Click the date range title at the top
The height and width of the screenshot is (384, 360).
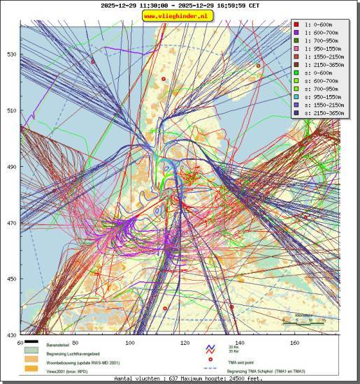click(180, 5)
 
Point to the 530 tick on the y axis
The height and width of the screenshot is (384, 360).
click(11, 54)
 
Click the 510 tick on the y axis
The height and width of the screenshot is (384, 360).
click(11, 110)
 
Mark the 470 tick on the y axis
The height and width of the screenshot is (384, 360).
click(11, 223)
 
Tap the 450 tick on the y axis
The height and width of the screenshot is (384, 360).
click(11, 279)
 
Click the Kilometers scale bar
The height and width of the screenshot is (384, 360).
click(303, 323)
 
